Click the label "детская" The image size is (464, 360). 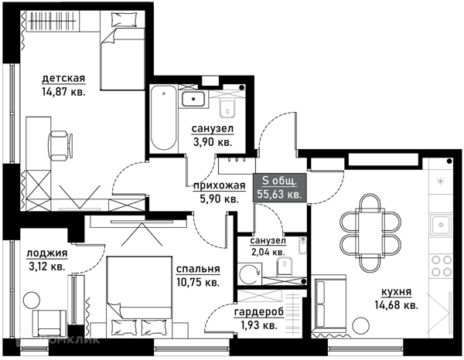(x=63, y=79)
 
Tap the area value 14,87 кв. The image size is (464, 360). (x=63, y=92)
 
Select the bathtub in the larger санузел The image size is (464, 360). (x=163, y=118)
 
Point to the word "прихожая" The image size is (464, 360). (x=220, y=185)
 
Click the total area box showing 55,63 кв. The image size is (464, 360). (x=280, y=188)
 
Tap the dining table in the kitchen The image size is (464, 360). (x=370, y=233)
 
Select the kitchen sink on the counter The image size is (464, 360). (x=441, y=226)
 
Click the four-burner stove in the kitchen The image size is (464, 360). (x=442, y=266)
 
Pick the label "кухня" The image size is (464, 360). (x=396, y=292)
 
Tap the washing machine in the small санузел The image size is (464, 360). (x=249, y=274)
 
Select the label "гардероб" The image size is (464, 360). (x=259, y=312)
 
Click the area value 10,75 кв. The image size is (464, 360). (x=198, y=282)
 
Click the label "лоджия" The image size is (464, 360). (x=47, y=253)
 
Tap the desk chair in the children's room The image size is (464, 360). (x=60, y=146)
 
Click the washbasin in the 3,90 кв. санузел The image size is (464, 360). (x=193, y=99)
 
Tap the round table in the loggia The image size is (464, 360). (x=32, y=301)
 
